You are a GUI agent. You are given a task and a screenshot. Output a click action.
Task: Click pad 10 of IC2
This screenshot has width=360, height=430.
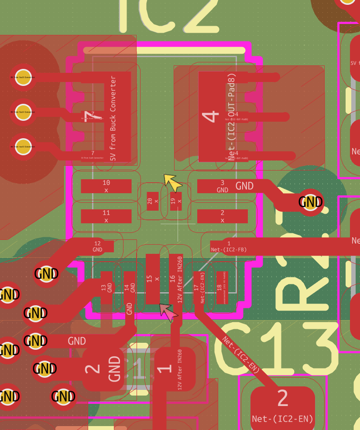tap(106, 186)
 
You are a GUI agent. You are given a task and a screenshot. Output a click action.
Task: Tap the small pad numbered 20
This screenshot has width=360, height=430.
tap(152, 201)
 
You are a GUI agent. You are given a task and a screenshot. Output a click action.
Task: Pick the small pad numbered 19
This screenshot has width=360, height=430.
tap(176, 201)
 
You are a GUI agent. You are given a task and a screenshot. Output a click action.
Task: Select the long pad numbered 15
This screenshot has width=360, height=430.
tap(152, 278)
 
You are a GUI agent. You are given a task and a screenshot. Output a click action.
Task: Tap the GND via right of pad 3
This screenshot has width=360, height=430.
tap(310, 202)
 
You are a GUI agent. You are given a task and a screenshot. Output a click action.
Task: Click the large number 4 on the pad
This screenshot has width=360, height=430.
tap(211, 116)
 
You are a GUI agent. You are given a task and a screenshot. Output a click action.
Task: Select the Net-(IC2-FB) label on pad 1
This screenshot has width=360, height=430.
tap(229, 249)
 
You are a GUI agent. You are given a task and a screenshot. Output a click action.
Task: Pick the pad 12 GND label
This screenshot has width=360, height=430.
tap(97, 247)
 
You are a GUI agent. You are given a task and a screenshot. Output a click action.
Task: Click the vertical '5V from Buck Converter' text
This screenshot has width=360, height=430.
tap(113, 119)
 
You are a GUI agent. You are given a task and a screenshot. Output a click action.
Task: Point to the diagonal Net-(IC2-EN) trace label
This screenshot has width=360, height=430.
tap(241, 354)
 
